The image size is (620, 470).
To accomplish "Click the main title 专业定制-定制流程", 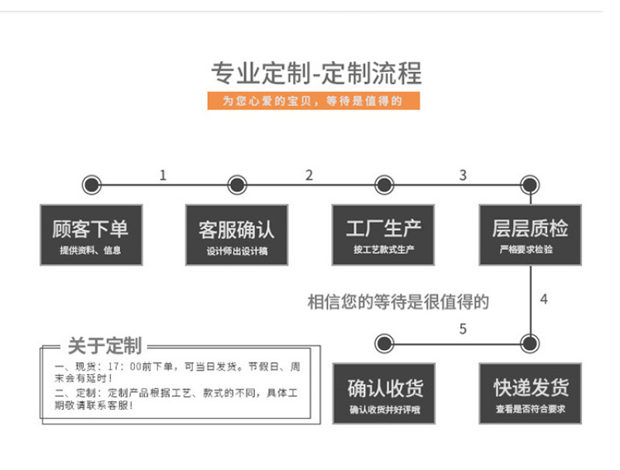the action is point(316,74).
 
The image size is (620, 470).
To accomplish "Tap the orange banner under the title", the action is point(314,101).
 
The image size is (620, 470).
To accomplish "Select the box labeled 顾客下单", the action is point(91,235).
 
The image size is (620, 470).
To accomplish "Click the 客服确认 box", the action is point(237,235).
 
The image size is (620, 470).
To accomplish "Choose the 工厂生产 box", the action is point(383,235).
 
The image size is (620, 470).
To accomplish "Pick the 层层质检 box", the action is point(530,235).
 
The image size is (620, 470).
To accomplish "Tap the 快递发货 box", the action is point(530,393).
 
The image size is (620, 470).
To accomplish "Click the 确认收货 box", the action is point(384,393).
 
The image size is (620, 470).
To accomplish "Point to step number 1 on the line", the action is point(163,175).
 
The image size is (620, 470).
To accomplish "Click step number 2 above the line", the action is point(309,175).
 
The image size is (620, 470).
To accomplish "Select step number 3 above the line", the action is point(463,175).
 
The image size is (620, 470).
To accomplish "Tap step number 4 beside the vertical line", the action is point(544,299).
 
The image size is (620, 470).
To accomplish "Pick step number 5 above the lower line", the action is point(463,328).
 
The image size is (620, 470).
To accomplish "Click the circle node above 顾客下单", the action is point(91,185).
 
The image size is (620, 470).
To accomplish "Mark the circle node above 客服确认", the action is point(237,185).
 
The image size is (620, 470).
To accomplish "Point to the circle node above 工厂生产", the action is point(384,185).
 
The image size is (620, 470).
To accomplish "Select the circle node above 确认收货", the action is point(384,344).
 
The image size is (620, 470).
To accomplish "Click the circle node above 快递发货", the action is point(530,344).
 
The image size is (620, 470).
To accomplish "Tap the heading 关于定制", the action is point(105,346).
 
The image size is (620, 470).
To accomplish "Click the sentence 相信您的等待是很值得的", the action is point(398,302).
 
